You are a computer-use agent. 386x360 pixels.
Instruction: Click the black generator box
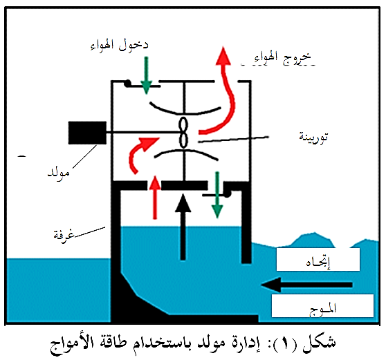(x=87, y=133)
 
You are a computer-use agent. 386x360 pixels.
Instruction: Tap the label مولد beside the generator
(x=59, y=173)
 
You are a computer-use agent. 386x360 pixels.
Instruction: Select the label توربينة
(x=313, y=137)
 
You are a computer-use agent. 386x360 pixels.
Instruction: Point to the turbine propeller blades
(x=183, y=132)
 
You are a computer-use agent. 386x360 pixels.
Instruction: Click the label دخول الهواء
(x=119, y=46)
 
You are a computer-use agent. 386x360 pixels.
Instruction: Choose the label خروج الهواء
(x=282, y=58)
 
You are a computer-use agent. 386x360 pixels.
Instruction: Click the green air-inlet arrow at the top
(x=147, y=75)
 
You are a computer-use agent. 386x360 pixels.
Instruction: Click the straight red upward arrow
(x=155, y=197)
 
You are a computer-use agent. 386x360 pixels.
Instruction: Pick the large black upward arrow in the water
(x=183, y=227)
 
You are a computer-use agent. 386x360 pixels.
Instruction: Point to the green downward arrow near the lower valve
(x=217, y=195)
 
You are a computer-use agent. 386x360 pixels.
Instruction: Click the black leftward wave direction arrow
(x=306, y=285)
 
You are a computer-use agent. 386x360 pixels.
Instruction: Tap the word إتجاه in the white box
(x=318, y=262)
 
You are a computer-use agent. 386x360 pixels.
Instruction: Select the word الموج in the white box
(x=323, y=309)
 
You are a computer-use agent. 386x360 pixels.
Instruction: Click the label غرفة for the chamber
(x=64, y=234)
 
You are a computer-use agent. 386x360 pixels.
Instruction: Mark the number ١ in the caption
(x=285, y=343)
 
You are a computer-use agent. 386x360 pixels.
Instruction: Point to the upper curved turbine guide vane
(x=185, y=109)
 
